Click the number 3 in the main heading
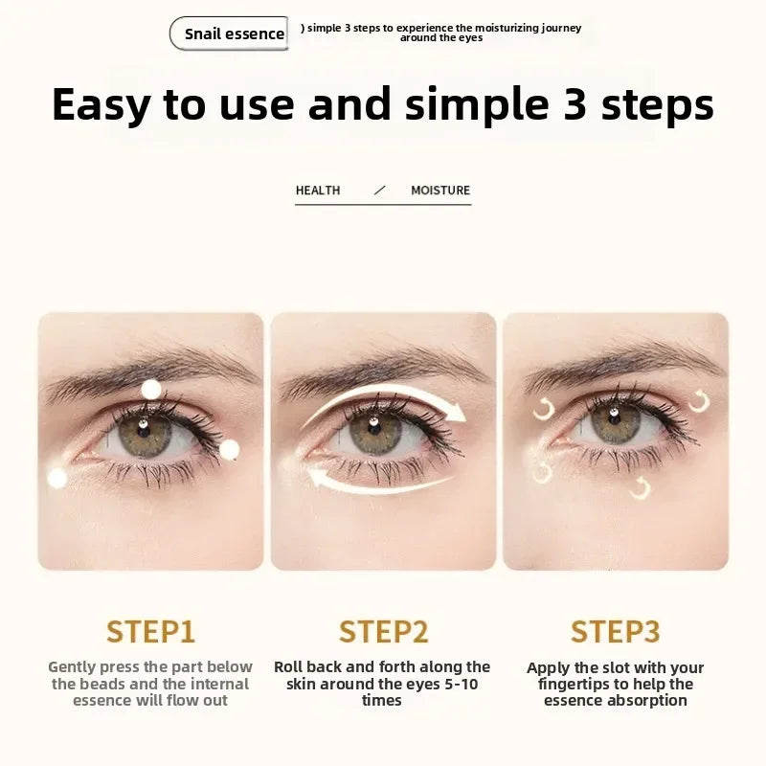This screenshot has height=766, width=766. click(574, 103)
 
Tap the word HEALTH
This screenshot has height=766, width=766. click(318, 191)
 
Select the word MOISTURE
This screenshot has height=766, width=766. click(440, 191)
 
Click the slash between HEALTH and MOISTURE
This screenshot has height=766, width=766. click(379, 191)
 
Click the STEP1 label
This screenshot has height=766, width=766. click(150, 632)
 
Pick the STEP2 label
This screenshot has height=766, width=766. click(383, 632)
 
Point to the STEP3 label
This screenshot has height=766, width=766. click(615, 632)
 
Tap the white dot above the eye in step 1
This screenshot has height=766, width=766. click(151, 389)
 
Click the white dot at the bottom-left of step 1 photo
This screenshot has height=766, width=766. click(57, 478)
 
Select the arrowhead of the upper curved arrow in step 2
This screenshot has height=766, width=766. click(458, 413)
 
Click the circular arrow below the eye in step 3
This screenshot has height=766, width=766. click(641, 489)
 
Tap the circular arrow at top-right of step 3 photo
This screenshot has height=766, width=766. click(699, 400)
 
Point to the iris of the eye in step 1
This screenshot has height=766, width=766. click(144, 433)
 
